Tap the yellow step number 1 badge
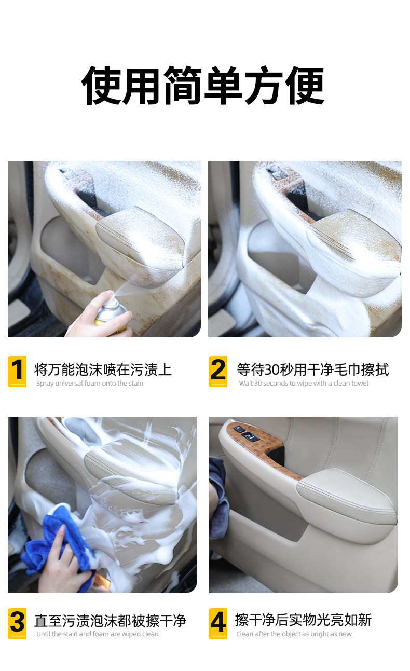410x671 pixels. click(17, 371)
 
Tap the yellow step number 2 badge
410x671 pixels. click(218, 371)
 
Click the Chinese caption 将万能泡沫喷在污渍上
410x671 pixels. click(103, 369)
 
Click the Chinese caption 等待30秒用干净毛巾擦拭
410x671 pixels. click(312, 369)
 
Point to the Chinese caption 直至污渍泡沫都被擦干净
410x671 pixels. click(110, 621)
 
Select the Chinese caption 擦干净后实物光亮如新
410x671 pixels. click(303, 620)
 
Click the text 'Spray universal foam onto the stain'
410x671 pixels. click(90, 384)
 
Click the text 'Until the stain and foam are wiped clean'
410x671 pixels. click(98, 634)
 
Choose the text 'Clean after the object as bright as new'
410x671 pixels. click(294, 634)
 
